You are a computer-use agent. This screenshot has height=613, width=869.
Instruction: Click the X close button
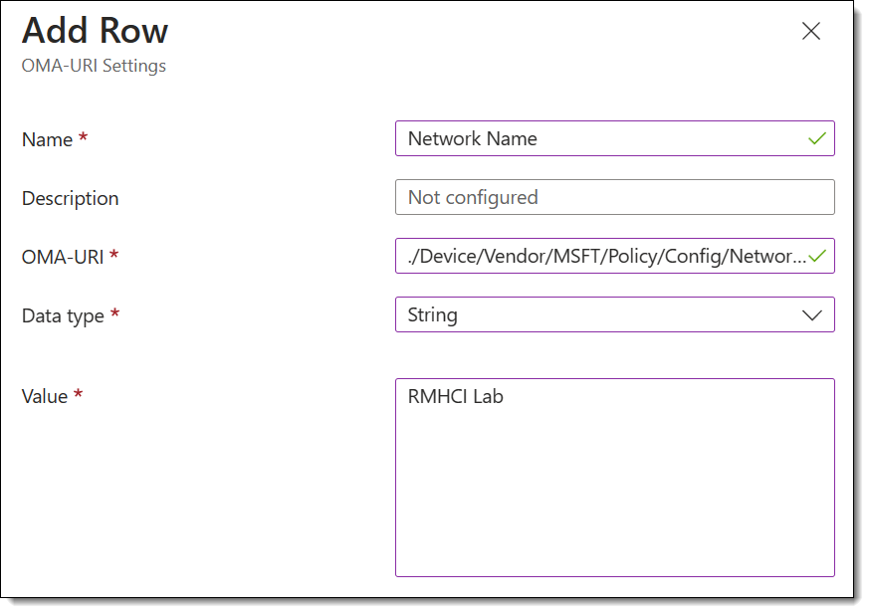[x=811, y=31]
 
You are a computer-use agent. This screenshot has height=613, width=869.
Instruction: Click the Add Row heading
[x=95, y=30]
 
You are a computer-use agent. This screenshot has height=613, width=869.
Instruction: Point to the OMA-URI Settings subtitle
[x=94, y=66]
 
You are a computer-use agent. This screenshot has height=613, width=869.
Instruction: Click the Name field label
[x=47, y=139]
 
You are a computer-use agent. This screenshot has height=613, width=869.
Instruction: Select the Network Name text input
[x=614, y=138]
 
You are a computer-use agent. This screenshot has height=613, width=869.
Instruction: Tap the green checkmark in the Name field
[x=817, y=138]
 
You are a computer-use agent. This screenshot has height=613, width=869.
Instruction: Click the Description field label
[x=70, y=198]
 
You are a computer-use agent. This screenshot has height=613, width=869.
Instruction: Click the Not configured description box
[x=614, y=197]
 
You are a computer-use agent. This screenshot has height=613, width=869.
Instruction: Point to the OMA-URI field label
[x=63, y=257]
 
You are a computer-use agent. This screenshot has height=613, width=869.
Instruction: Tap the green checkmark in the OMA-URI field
[x=817, y=256]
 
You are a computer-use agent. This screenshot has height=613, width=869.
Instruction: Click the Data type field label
[x=63, y=315]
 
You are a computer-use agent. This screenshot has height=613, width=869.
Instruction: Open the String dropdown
[x=614, y=314]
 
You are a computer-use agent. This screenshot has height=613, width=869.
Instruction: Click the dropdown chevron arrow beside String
[x=812, y=315]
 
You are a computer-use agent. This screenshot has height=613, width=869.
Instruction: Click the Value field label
[x=45, y=396]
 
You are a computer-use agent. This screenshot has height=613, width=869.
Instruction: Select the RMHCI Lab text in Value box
[x=456, y=396]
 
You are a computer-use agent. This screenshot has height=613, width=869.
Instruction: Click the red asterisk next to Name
[x=84, y=135]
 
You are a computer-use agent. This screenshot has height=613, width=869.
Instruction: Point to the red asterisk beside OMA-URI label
[x=113, y=254]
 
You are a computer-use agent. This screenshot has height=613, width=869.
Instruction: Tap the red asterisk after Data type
[x=114, y=312]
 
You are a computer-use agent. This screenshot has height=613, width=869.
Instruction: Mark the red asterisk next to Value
[x=79, y=393]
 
